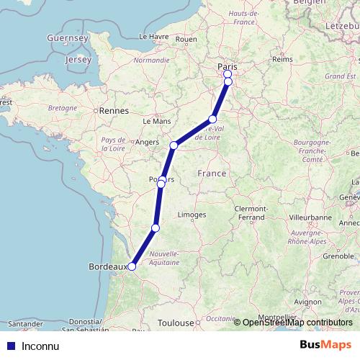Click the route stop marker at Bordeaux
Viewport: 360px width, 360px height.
tap(132, 266)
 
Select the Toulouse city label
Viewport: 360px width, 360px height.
tap(178, 324)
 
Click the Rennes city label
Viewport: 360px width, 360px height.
tap(114, 111)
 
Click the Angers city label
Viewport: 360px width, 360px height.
tap(147, 143)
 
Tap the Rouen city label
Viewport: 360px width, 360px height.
tap(186, 39)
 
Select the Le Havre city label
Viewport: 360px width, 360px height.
tap(153, 36)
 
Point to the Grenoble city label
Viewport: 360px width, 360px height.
tap(318, 256)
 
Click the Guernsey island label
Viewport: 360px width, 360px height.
tap(66, 37)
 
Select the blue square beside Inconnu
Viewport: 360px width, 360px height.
tap(10, 346)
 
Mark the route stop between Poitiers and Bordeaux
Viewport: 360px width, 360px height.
tap(156, 229)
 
